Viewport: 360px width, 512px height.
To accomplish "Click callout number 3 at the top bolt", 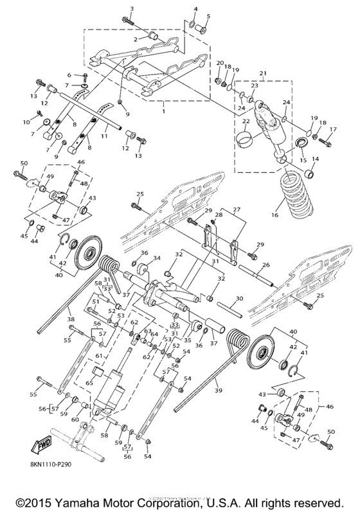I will click(x=131, y=8).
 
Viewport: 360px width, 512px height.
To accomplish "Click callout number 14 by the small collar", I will click(x=314, y=159).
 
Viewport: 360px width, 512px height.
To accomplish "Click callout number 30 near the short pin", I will click(x=240, y=299).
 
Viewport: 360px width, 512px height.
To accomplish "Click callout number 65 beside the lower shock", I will click(x=89, y=382).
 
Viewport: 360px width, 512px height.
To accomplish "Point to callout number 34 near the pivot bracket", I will click(x=155, y=258).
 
